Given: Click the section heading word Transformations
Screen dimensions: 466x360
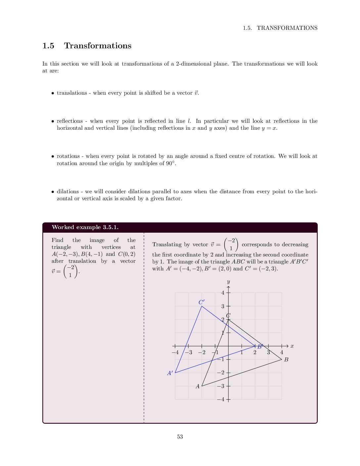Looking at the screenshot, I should coord(98,46).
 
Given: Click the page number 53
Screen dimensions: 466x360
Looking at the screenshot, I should coord(180,437).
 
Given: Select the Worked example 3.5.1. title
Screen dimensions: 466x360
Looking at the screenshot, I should coord(85,227).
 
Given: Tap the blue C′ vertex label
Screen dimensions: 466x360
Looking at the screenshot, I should coord(202,302).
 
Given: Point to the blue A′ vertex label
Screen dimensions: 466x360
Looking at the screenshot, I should coord(170,373).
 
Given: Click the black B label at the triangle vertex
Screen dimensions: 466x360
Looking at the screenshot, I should coord(286,359).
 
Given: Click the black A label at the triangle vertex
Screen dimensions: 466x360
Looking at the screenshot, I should coord(198,386).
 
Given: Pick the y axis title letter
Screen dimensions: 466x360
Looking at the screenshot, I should coord(228,282).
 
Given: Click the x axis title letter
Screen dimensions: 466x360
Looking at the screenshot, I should coord(292,346).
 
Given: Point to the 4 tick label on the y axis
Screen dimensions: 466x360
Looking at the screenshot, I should coord(223,293).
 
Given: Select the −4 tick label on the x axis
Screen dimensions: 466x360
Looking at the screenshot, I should coord(175,352).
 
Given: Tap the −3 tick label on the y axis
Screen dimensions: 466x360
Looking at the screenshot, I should coord(221,386).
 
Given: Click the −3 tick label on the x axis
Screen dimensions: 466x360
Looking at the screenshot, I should coord(189,352).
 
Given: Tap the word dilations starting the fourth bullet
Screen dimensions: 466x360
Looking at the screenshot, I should coord(68,191).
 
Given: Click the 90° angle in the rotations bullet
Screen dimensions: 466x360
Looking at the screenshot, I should coord(171,163).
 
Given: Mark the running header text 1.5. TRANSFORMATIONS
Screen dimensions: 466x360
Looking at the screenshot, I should coord(280,28).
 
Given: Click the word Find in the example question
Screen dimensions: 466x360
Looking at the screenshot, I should coord(57,240).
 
